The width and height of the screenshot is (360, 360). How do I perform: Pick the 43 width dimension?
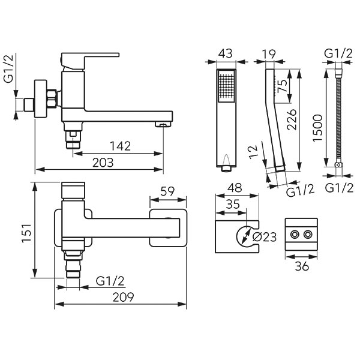click(226, 54)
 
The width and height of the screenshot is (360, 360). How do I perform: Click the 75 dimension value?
click(281, 85)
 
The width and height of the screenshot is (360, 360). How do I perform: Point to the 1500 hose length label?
click(318, 127)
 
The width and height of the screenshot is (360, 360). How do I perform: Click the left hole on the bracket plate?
click(296, 233)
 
